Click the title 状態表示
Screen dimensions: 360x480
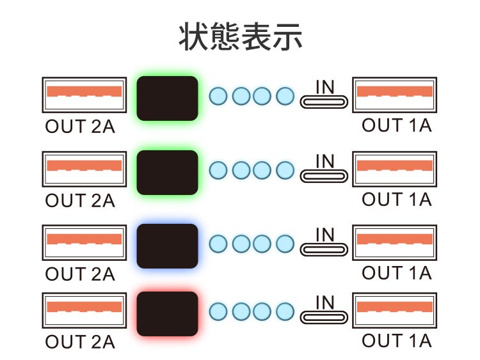[240, 37]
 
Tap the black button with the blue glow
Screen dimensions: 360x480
[167, 246]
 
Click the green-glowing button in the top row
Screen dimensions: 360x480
[167, 98]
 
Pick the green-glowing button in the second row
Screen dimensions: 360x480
[167, 172]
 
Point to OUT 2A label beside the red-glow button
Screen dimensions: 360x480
[80, 342]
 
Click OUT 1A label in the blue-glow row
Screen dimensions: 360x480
[397, 272]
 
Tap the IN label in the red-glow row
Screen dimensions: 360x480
[325, 302]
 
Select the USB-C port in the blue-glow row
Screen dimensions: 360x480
[324, 247]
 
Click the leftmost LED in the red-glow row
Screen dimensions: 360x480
[218, 311]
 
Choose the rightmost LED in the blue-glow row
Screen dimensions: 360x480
[285, 244]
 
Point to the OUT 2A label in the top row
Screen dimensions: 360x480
[80, 126]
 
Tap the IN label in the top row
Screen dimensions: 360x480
[325, 87]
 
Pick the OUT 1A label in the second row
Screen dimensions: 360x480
[397, 200]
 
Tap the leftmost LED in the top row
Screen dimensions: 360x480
[218, 97]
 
